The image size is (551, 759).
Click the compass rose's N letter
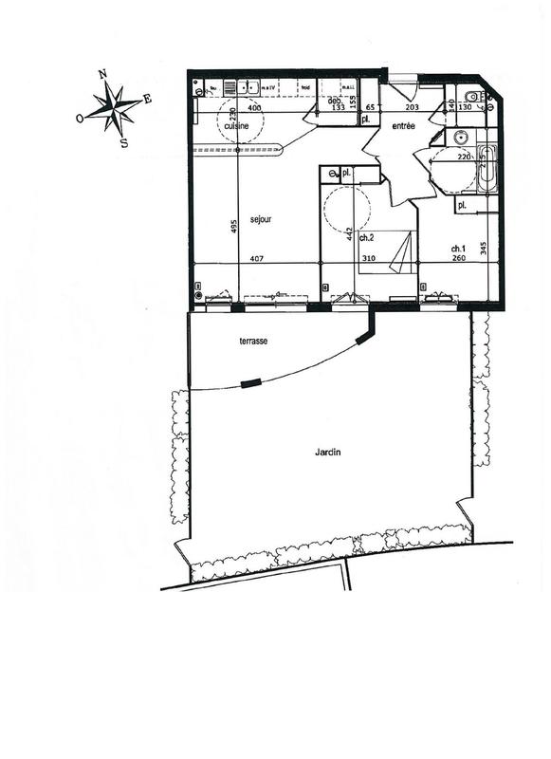pyautogui.click(x=102, y=74)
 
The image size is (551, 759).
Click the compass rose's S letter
pyautogui.click(x=125, y=142)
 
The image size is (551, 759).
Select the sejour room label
pyautogui.click(x=261, y=219)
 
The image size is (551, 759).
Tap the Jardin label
pyautogui.click(x=328, y=453)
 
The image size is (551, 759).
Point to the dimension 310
pyautogui.click(x=368, y=259)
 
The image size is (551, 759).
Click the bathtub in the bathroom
pyautogui.click(x=486, y=169)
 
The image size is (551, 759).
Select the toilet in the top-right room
pyautogui.click(x=471, y=95)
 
